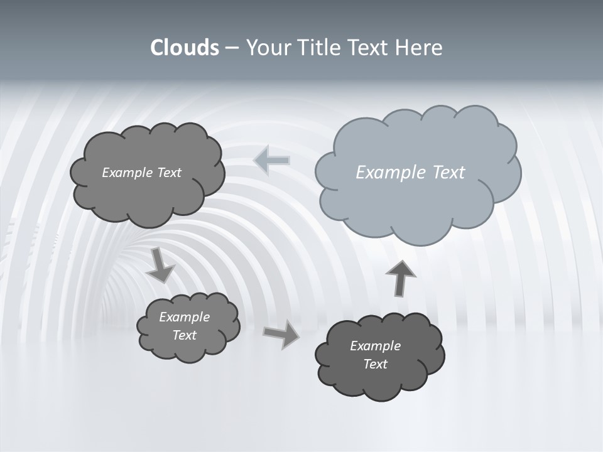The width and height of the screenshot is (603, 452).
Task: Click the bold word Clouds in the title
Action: pyautogui.click(x=185, y=48)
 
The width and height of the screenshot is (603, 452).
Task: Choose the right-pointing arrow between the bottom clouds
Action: pyautogui.click(x=282, y=334)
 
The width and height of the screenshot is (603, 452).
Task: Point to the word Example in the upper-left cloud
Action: pyautogui.click(x=127, y=173)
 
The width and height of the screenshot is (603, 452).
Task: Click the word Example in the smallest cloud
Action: pyautogui.click(x=185, y=317)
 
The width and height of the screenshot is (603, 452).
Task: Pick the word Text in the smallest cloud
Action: pyautogui.click(x=185, y=335)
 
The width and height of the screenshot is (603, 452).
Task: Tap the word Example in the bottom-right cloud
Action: pyautogui.click(x=375, y=346)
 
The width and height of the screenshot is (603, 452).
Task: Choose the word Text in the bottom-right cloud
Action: pyautogui.click(x=375, y=364)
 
